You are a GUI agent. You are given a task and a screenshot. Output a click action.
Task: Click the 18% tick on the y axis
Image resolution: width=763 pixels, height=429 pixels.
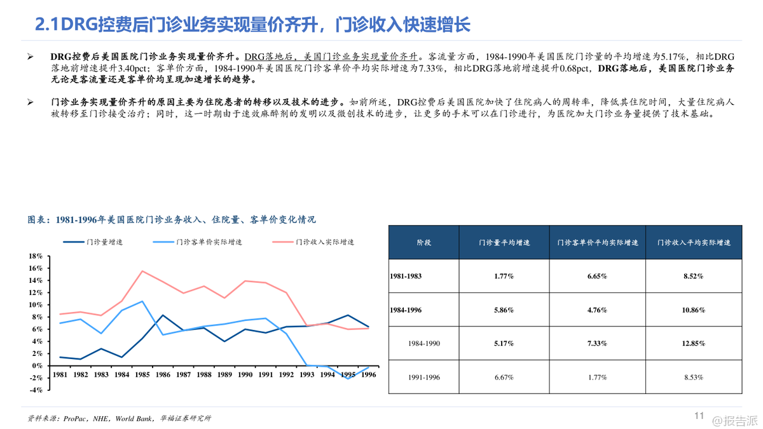(36, 256)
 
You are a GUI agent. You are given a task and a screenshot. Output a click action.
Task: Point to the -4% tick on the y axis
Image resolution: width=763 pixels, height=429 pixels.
(36, 390)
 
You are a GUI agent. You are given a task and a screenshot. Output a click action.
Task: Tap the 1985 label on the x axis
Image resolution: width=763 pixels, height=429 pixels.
(142, 375)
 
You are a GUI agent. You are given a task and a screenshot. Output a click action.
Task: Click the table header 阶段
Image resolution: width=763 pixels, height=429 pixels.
(423, 242)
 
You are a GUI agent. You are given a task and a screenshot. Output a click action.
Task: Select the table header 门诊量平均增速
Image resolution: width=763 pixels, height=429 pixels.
(504, 242)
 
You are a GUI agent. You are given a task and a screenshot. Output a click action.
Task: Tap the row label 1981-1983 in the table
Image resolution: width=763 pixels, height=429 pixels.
(406, 276)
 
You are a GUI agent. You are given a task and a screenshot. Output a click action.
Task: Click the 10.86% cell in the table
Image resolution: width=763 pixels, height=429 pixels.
(694, 310)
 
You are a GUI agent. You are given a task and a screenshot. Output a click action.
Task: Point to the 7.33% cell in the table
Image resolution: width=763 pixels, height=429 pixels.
(598, 344)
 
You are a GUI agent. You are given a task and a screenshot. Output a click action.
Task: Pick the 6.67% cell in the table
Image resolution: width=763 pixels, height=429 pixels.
(504, 378)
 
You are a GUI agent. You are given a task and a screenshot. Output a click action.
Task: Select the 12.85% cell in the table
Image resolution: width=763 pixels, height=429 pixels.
(694, 344)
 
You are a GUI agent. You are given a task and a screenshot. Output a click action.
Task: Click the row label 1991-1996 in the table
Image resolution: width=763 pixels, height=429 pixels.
(423, 378)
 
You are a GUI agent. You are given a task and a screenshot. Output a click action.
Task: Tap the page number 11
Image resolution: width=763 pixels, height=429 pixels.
(699, 416)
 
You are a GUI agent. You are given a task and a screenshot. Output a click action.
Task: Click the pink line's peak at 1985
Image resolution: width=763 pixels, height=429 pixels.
(142, 271)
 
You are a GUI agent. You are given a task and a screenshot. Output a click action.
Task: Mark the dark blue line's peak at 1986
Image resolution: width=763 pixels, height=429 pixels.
(163, 315)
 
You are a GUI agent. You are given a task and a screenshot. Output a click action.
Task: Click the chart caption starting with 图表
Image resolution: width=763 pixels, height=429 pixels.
(172, 220)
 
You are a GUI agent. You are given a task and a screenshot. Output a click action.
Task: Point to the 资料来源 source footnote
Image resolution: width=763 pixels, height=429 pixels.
(120, 418)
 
